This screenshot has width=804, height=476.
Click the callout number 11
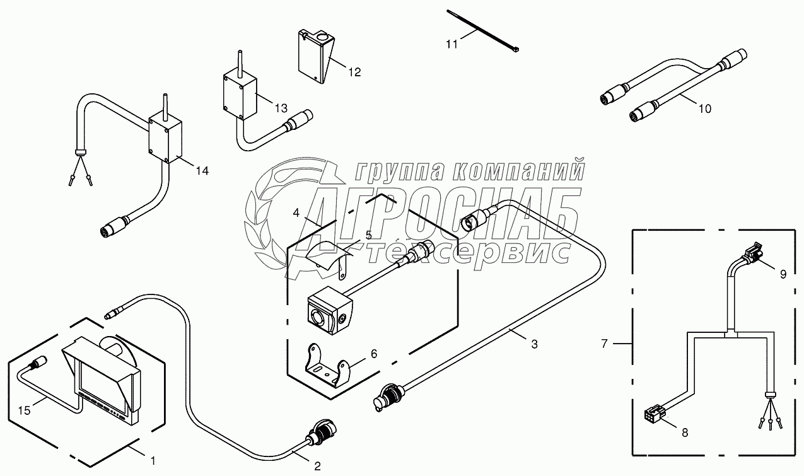point(452,45)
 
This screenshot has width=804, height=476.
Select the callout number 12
point(354,73)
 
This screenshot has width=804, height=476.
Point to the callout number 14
point(201,170)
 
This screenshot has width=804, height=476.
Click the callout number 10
point(704,108)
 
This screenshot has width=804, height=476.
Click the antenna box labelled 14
point(165,139)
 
